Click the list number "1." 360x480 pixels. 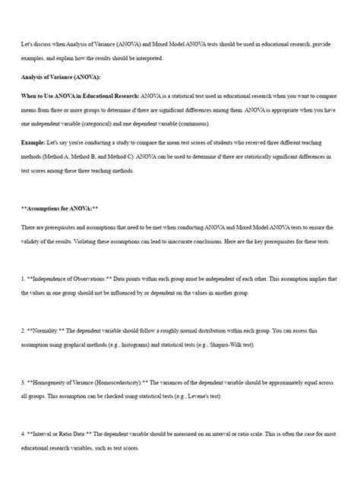24,279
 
